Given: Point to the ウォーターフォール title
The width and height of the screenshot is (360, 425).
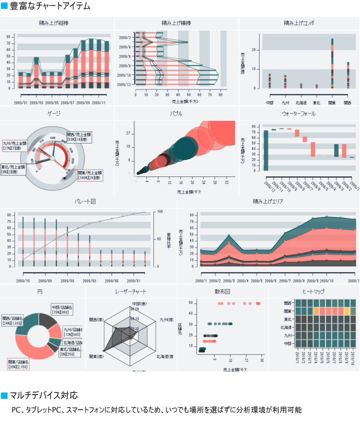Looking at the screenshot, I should pyautogui.click(x=298, y=113).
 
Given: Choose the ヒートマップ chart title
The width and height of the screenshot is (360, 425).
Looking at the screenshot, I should pyautogui.click(x=313, y=290).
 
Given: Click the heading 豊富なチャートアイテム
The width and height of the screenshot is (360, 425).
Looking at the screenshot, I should pyautogui.click(x=50, y=6).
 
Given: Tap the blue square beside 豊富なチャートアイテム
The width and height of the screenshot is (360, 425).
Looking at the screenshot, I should pyautogui.click(x=4, y=6).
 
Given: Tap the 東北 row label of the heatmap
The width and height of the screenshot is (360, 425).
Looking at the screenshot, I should pyautogui.click(x=287, y=319).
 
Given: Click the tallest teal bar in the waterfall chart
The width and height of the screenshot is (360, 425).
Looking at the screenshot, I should pyautogui.click(x=266, y=150).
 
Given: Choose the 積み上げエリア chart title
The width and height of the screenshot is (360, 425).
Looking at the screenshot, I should pyautogui.click(x=268, y=201).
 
